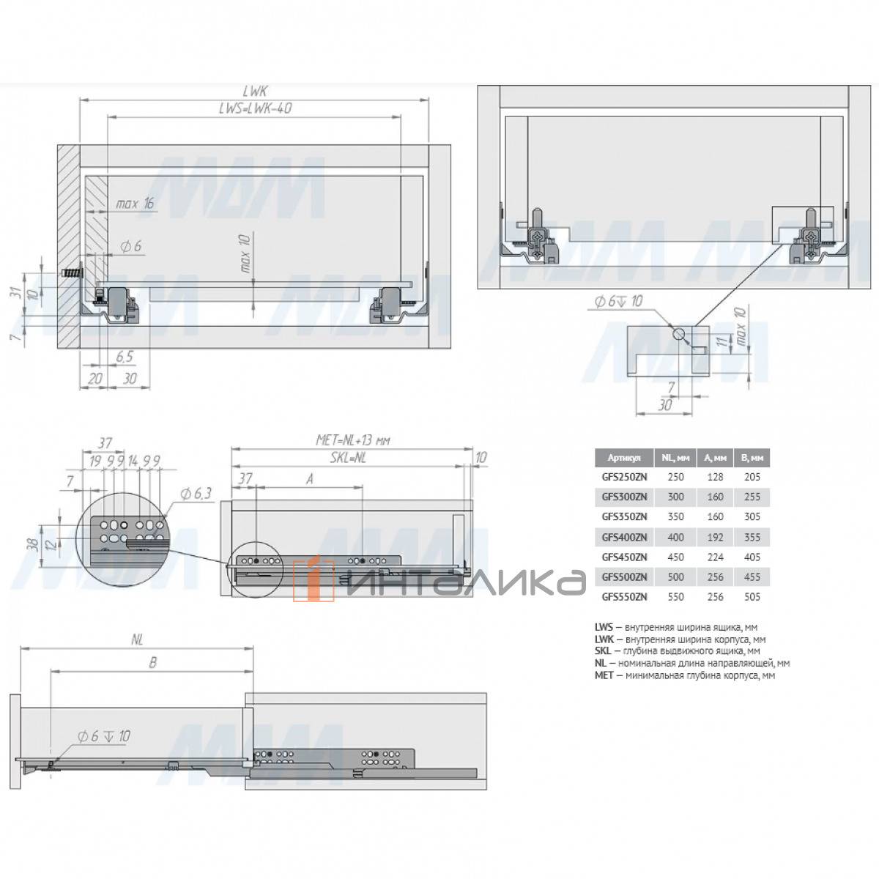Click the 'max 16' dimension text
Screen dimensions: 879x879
click(136, 203)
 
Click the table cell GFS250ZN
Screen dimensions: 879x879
click(624, 477)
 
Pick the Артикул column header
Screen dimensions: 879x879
click(624, 458)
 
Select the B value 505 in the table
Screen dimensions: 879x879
click(752, 597)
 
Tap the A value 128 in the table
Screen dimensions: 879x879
click(715, 477)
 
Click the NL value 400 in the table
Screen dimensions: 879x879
click(675, 537)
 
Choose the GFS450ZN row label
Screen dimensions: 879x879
click(624, 557)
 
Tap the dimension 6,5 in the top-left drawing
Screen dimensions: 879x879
click(125, 356)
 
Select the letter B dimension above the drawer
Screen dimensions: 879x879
click(152, 662)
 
